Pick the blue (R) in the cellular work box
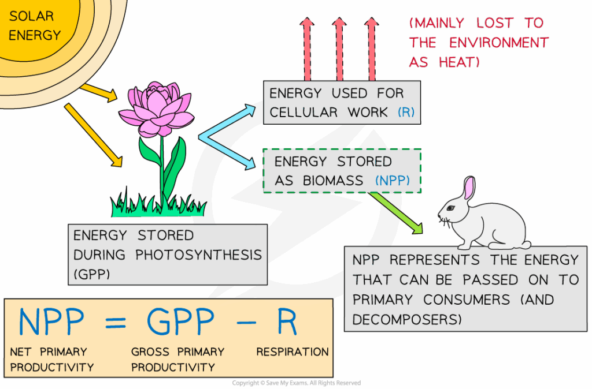(406, 112)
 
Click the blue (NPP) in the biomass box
(393, 181)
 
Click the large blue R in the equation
(287, 323)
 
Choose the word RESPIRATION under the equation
(293, 351)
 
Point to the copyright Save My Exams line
(296, 383)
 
